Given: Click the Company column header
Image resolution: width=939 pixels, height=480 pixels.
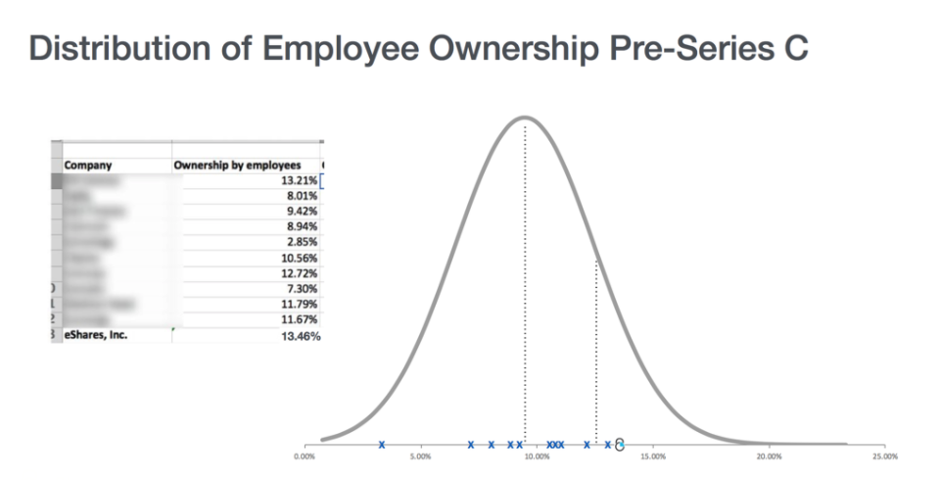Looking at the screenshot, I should point(88,165).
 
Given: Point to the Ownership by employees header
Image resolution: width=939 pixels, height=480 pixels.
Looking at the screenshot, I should point(237,165).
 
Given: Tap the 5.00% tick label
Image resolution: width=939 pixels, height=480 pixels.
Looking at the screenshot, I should point(420,456).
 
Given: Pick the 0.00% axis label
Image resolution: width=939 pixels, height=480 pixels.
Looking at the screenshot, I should point(305,456).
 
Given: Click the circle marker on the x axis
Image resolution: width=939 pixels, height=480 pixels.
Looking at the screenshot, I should point(620,445).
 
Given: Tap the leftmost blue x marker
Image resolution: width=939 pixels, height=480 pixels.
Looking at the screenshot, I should point(382,445).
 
